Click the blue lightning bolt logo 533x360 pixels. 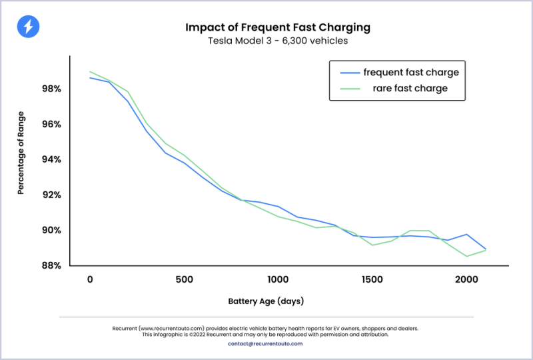click(x=28, y=27)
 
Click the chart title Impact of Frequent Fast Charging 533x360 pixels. click(x=277, y=28)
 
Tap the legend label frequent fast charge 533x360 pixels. click(x=410, y=72)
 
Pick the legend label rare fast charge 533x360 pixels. click(x=410, y=88)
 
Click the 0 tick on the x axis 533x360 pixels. click(x=90, y=279)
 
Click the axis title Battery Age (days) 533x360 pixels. click(x=266, y=301)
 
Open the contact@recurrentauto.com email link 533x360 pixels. click(x=265, y=343)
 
